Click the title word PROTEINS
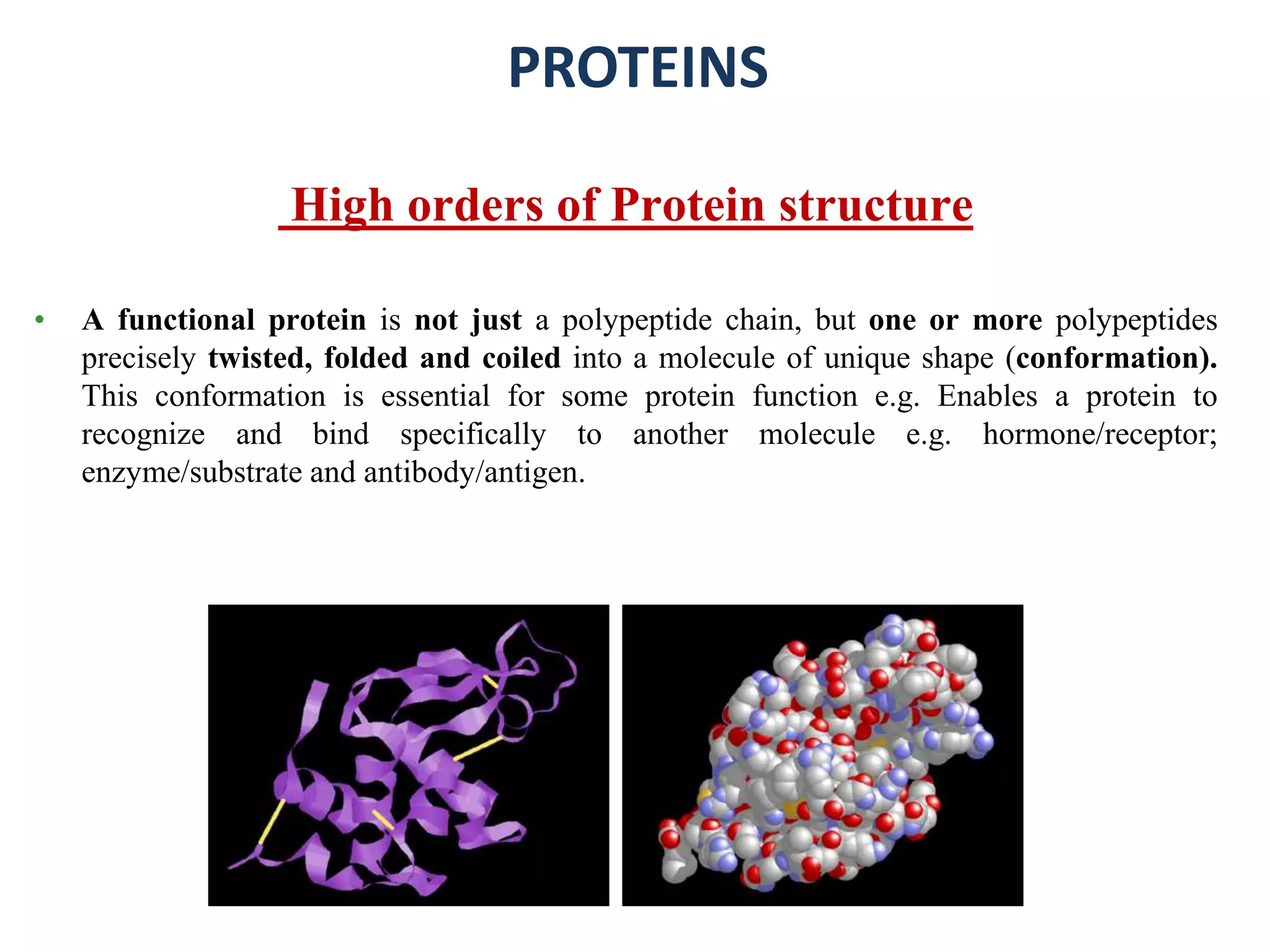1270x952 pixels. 638,68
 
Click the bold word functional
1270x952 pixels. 186,320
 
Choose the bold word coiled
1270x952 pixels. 521,359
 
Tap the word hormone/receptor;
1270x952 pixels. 1099,434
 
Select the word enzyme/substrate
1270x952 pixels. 192,473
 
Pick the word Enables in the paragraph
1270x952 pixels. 987,397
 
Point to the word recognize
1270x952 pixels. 143,434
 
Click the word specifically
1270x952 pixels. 473,434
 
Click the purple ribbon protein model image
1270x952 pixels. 408,755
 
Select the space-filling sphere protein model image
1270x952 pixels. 822,755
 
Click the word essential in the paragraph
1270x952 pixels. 435,397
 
